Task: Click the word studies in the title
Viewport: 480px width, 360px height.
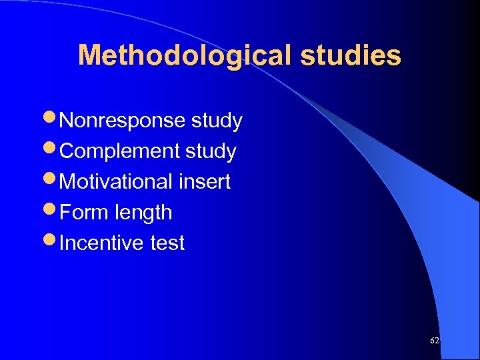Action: [x=351, y=56]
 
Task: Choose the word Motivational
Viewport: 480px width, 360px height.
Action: [x=119, y=182]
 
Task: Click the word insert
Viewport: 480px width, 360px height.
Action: [x=207, y=182]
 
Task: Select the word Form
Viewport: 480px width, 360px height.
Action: [x=85, y=213]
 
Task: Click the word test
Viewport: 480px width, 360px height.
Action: [x=167, y=243]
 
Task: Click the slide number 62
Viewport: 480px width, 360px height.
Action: [x=435, y=341]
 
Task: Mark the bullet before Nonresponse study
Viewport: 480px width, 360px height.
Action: [x=52, y=121]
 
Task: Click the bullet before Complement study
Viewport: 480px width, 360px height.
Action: [x=52, y=151]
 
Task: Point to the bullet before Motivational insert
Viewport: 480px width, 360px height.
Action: [x=52, y=181]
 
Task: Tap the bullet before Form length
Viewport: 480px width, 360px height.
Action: [x=52, y=212]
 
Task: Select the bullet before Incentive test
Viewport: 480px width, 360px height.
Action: [x=52, y=243]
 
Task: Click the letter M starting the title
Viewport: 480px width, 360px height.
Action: [x=89, y=56]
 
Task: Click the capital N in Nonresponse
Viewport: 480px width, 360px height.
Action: [x=67, y=121]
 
